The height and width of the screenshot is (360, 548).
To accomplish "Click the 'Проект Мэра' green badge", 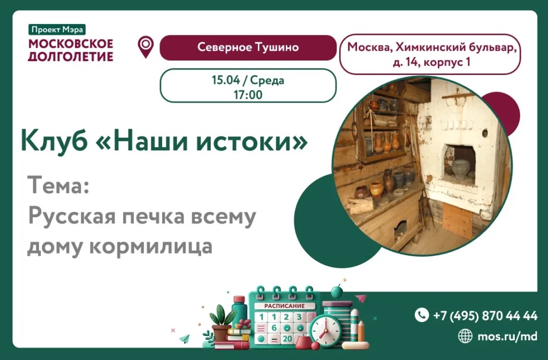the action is coord(57,29).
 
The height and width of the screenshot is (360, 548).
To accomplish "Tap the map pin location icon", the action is coord(146,47).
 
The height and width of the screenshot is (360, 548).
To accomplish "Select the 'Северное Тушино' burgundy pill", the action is coord(248,47).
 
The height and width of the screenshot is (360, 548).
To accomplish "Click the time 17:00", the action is coord(248,95).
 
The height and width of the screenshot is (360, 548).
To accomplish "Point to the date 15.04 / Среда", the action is coord(248,80).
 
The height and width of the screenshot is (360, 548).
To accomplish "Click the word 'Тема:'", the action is coord(58,185).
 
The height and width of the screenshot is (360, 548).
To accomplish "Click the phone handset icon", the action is coord(422,315).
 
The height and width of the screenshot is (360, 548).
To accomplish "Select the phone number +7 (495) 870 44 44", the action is coord(485,316).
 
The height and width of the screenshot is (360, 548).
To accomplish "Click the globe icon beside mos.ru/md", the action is coord(465,336).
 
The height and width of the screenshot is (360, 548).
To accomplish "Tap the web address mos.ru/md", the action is coord(507,336).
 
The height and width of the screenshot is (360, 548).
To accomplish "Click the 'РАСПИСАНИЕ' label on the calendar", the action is coord(284,306).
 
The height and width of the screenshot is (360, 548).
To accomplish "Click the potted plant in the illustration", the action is coord(221,323).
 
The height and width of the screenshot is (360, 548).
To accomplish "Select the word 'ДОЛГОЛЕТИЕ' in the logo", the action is coord(71,56).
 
